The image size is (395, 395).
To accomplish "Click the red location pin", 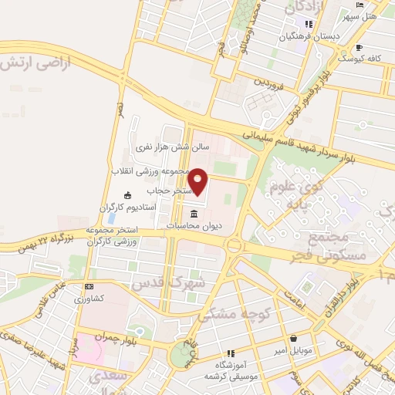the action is click(x=198, y=182).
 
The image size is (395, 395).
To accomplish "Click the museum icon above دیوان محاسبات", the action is click(x=192, y=213).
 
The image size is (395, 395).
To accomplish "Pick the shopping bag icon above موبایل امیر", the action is click(x=293, y=338).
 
